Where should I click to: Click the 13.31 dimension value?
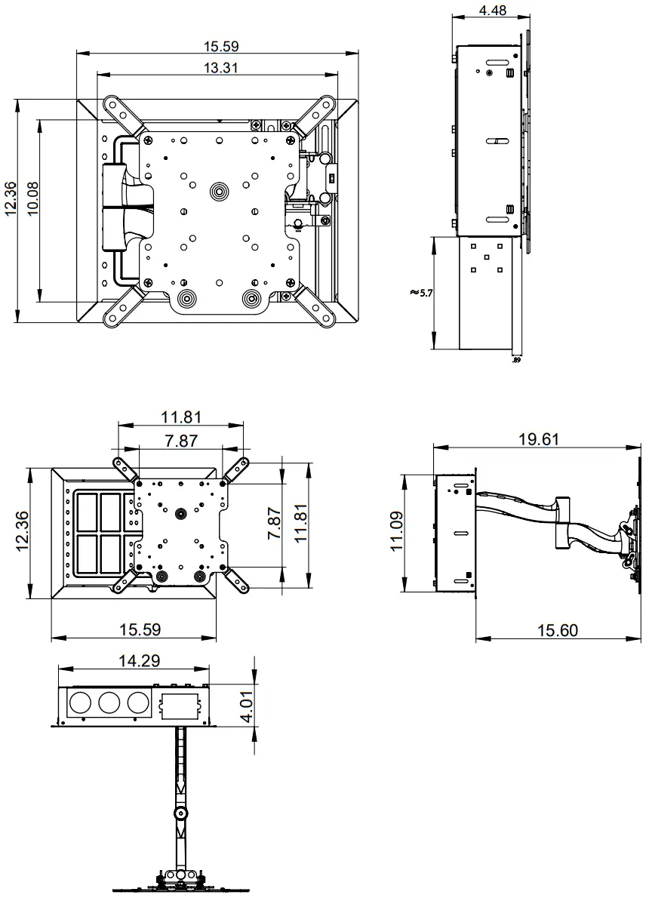221,68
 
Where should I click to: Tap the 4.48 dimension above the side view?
492,10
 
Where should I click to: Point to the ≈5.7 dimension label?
421,292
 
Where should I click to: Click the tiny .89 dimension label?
516,361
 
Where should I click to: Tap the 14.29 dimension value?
138,661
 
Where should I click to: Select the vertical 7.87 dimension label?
275,523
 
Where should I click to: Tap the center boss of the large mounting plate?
219,191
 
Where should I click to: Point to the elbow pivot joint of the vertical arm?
181,813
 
